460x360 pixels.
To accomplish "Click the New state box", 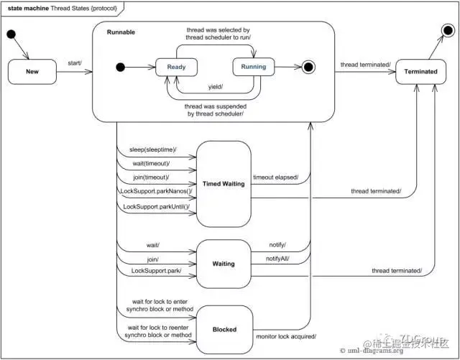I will [33, 71].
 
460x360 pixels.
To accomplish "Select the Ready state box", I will [177, 67].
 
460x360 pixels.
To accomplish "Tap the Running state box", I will [253, 67].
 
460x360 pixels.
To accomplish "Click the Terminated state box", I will [420, 71].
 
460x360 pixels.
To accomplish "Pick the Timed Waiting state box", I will [224, 183].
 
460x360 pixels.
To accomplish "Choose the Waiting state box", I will [224, 264].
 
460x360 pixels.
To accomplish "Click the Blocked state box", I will [224, 330].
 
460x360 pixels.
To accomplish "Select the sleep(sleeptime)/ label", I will [152, 150].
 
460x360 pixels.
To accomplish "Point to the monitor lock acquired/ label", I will [285, 336].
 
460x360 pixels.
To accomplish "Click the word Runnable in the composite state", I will [121, 32].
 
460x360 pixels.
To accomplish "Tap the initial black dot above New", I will [11, 34].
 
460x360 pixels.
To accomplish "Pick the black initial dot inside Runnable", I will [121, 68].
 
